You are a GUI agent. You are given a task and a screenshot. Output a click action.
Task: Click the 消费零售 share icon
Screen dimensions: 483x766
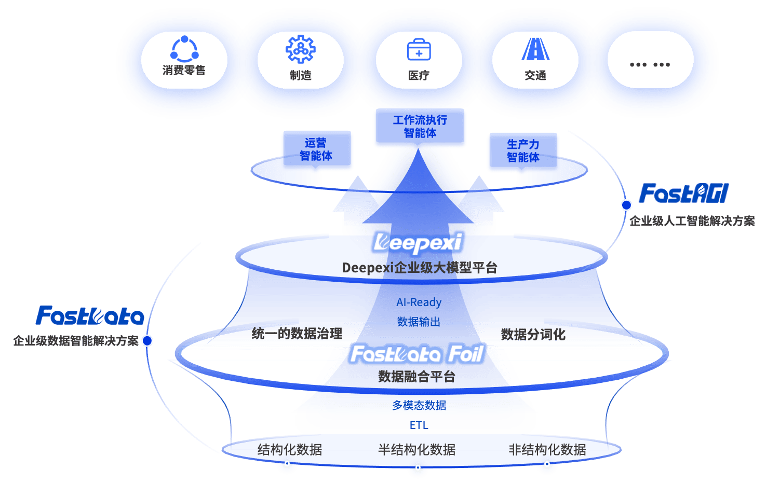(x=184, y=49)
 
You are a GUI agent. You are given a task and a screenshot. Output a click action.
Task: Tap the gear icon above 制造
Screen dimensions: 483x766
(x=301, y=49)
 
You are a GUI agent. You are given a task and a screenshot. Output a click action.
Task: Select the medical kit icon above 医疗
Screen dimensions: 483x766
(x=419, y=50)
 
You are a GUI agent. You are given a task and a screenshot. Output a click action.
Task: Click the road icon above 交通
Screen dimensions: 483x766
(x=535, y=50)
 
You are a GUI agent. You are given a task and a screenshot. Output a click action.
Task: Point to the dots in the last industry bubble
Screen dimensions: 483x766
(x=650, y=65)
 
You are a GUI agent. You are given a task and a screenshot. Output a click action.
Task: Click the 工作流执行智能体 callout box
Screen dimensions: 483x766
(x=420, y=127)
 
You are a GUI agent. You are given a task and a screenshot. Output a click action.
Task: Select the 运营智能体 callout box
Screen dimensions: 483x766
(x=316, y=149)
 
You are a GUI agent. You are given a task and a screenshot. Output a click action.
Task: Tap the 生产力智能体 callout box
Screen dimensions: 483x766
(x=523, y=151)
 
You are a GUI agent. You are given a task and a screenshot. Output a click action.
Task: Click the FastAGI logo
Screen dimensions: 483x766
(x=683, y=194)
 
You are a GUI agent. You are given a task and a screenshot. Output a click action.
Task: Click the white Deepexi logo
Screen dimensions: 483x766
(x=418, y=243)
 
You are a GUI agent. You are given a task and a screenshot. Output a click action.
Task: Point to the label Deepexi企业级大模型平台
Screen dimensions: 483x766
(x=420, y=268)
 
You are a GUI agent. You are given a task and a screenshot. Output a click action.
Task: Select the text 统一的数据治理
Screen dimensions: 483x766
(x=297, y=334)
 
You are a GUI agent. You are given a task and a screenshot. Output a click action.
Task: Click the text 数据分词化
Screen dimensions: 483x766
(x=533, y=335)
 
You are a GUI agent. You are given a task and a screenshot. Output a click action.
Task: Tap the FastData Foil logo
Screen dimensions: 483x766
(x=418, y=354)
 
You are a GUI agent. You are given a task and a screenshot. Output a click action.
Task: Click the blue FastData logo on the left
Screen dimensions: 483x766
(x=90, y=316)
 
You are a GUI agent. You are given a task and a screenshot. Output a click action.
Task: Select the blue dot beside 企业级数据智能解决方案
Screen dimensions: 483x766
(x=147, y=341)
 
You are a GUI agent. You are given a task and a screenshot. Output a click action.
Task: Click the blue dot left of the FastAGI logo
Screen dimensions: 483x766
(x=626, y=205)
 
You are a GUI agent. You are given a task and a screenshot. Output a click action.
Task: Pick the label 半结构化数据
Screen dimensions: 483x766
(x=416, y=449)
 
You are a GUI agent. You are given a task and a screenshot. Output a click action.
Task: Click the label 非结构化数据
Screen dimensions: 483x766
(x=547, y=449)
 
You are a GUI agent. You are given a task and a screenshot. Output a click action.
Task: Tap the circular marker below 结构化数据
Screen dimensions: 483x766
(x=287, y=464)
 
